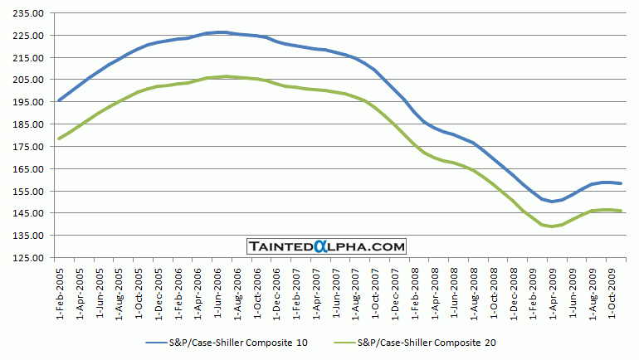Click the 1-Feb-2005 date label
pos(60,289)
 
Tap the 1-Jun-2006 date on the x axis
pos(218,289)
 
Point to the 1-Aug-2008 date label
pos(476,289)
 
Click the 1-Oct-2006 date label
pos(257,289)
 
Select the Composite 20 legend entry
pos(427,341)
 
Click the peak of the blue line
pos(218,32)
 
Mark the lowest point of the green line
pos(551,226)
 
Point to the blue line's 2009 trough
pos(552,202)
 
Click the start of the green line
pos(58,139)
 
